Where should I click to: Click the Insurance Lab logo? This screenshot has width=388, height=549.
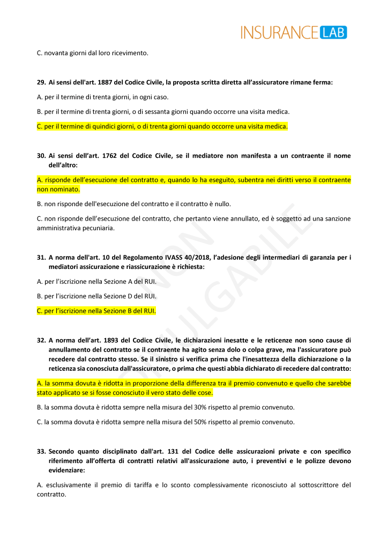point(294,32)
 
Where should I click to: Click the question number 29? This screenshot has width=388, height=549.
point(41,83)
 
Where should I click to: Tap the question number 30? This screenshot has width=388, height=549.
point(41,156)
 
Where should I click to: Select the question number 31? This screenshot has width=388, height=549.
point(41,258)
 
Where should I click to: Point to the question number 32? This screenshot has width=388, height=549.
point(41,340)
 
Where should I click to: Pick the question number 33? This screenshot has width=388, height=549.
point(41,451)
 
